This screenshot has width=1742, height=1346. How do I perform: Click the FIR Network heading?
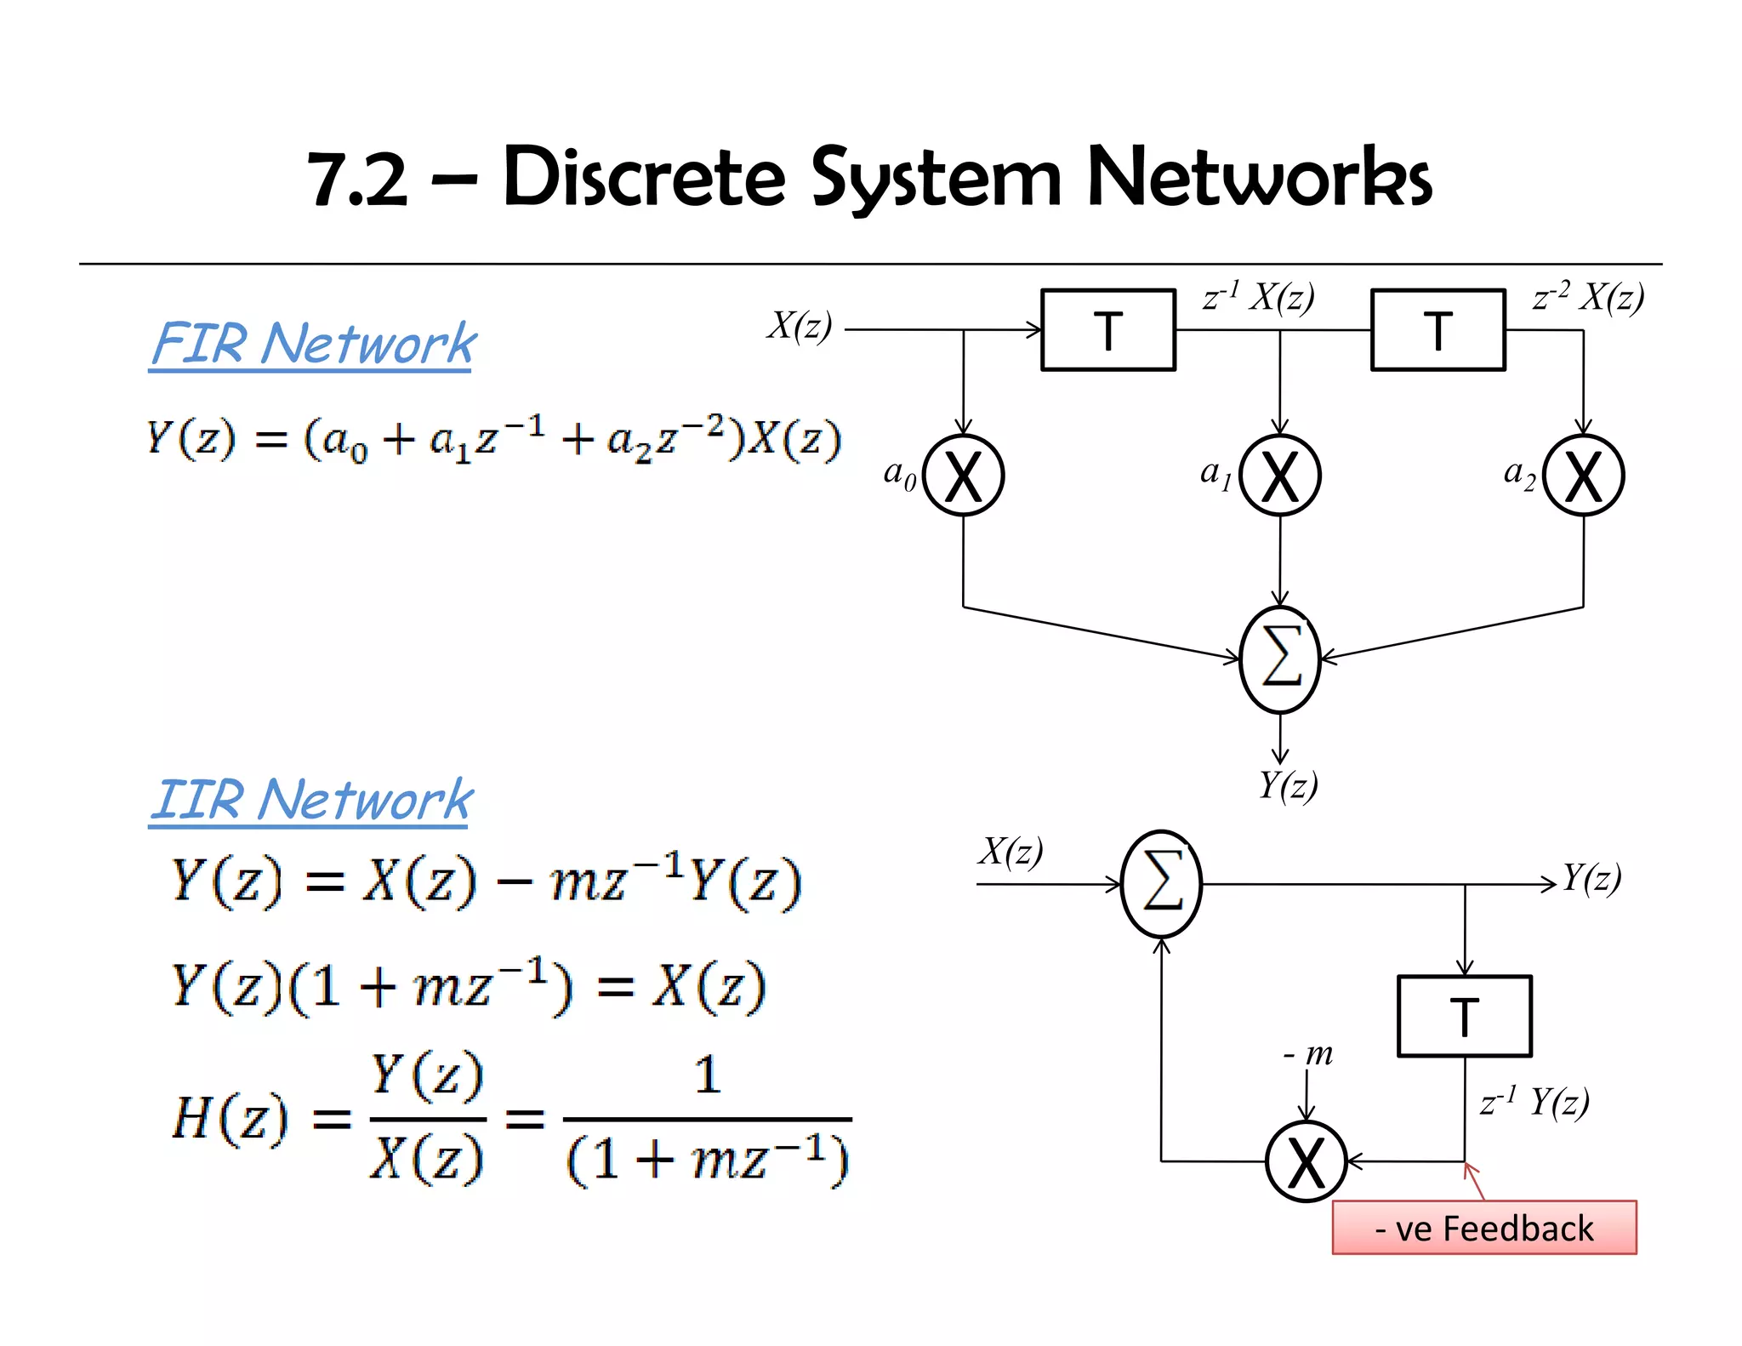pos(313,344)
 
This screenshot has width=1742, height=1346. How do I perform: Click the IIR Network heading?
pos(311,800)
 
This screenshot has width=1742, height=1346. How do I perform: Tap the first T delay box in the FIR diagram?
pos(1107,330)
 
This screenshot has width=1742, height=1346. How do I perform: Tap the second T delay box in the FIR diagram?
pos(1437,330)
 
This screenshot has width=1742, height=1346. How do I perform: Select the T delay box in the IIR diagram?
pos(1464,1016)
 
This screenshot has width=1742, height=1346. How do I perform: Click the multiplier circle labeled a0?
pos(963,476)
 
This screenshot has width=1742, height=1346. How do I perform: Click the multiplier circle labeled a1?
pos(1279,476)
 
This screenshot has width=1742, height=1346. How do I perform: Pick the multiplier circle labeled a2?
pos(1583,476)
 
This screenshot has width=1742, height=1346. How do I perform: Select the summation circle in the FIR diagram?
pos(1280,659)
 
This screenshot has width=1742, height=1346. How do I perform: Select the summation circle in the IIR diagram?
pos(1161,884)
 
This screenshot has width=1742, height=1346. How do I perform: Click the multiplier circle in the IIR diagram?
pos(1306,1161)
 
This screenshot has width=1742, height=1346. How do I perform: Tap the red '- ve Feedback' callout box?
pos(1483,1228)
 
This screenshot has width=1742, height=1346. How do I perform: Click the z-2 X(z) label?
pos(1587,297)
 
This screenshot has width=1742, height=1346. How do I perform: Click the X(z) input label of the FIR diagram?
pos(799,325)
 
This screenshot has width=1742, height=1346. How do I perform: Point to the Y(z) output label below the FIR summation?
pos(1288,784)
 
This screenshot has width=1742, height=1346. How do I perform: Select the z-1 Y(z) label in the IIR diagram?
pos(1534,1103)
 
